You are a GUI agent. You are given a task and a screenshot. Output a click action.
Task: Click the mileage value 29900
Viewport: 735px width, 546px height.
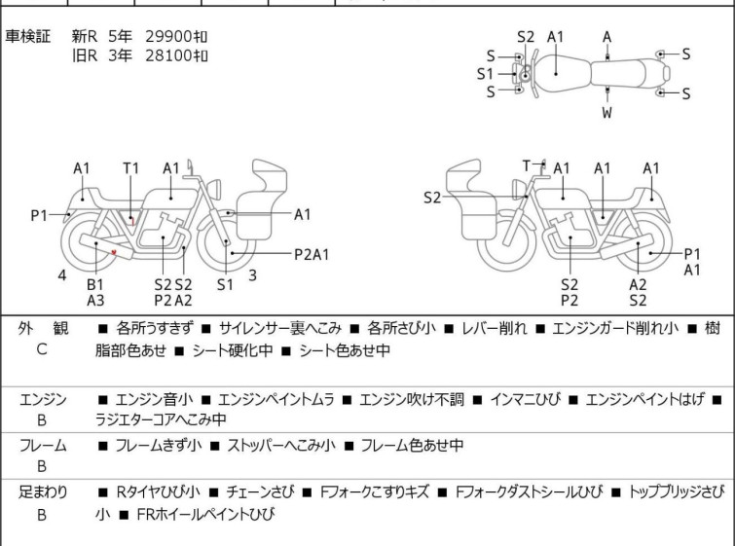166,37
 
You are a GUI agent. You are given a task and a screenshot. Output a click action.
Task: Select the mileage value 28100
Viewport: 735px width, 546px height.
166,55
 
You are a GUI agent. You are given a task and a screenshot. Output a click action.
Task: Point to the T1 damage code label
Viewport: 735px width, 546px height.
131,168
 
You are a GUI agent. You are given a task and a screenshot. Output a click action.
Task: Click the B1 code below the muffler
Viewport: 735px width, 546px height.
95,284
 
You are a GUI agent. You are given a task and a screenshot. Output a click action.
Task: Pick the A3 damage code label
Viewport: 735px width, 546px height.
95,301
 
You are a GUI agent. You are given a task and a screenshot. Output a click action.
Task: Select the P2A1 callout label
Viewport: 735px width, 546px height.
312,255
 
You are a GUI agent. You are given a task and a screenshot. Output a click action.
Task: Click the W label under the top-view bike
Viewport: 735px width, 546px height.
607,114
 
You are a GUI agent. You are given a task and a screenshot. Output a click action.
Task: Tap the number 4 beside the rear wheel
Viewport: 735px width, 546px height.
62,275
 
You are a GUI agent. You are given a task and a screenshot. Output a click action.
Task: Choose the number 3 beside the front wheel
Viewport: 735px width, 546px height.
252,275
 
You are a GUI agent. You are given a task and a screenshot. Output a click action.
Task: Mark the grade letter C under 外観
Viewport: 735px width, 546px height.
42,349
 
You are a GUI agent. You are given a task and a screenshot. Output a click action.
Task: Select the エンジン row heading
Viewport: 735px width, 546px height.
42,399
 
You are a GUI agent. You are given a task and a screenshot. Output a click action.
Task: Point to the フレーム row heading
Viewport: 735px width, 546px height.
42,446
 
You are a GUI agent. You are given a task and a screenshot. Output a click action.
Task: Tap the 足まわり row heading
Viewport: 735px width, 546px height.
42,492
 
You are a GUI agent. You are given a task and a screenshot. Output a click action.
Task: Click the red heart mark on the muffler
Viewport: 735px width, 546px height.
115,253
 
